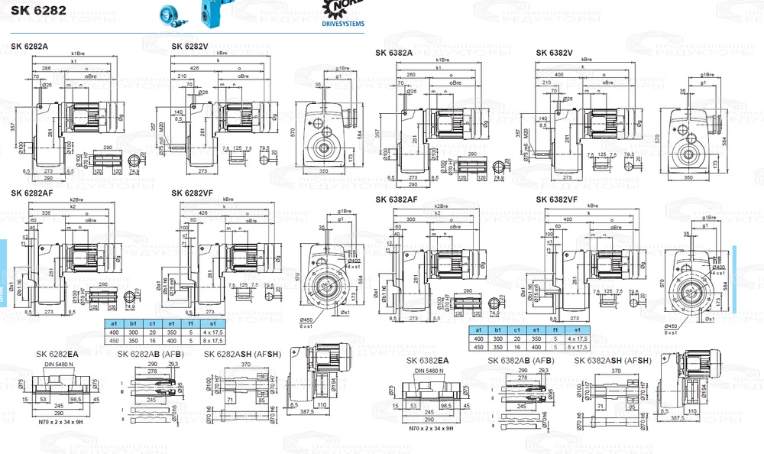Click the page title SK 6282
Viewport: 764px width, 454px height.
[38, 10]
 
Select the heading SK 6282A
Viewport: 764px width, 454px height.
[30, 47]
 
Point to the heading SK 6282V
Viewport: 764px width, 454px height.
[190, 47]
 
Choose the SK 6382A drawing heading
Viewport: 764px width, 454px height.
[394, 54]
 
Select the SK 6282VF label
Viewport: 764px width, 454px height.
[193, 193]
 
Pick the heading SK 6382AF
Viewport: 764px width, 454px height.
[397, 199]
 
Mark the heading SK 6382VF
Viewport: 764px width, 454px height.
[557, 199]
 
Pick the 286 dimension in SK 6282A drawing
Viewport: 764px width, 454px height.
[47, 69]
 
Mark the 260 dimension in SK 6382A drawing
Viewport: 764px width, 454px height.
[411, 75]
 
